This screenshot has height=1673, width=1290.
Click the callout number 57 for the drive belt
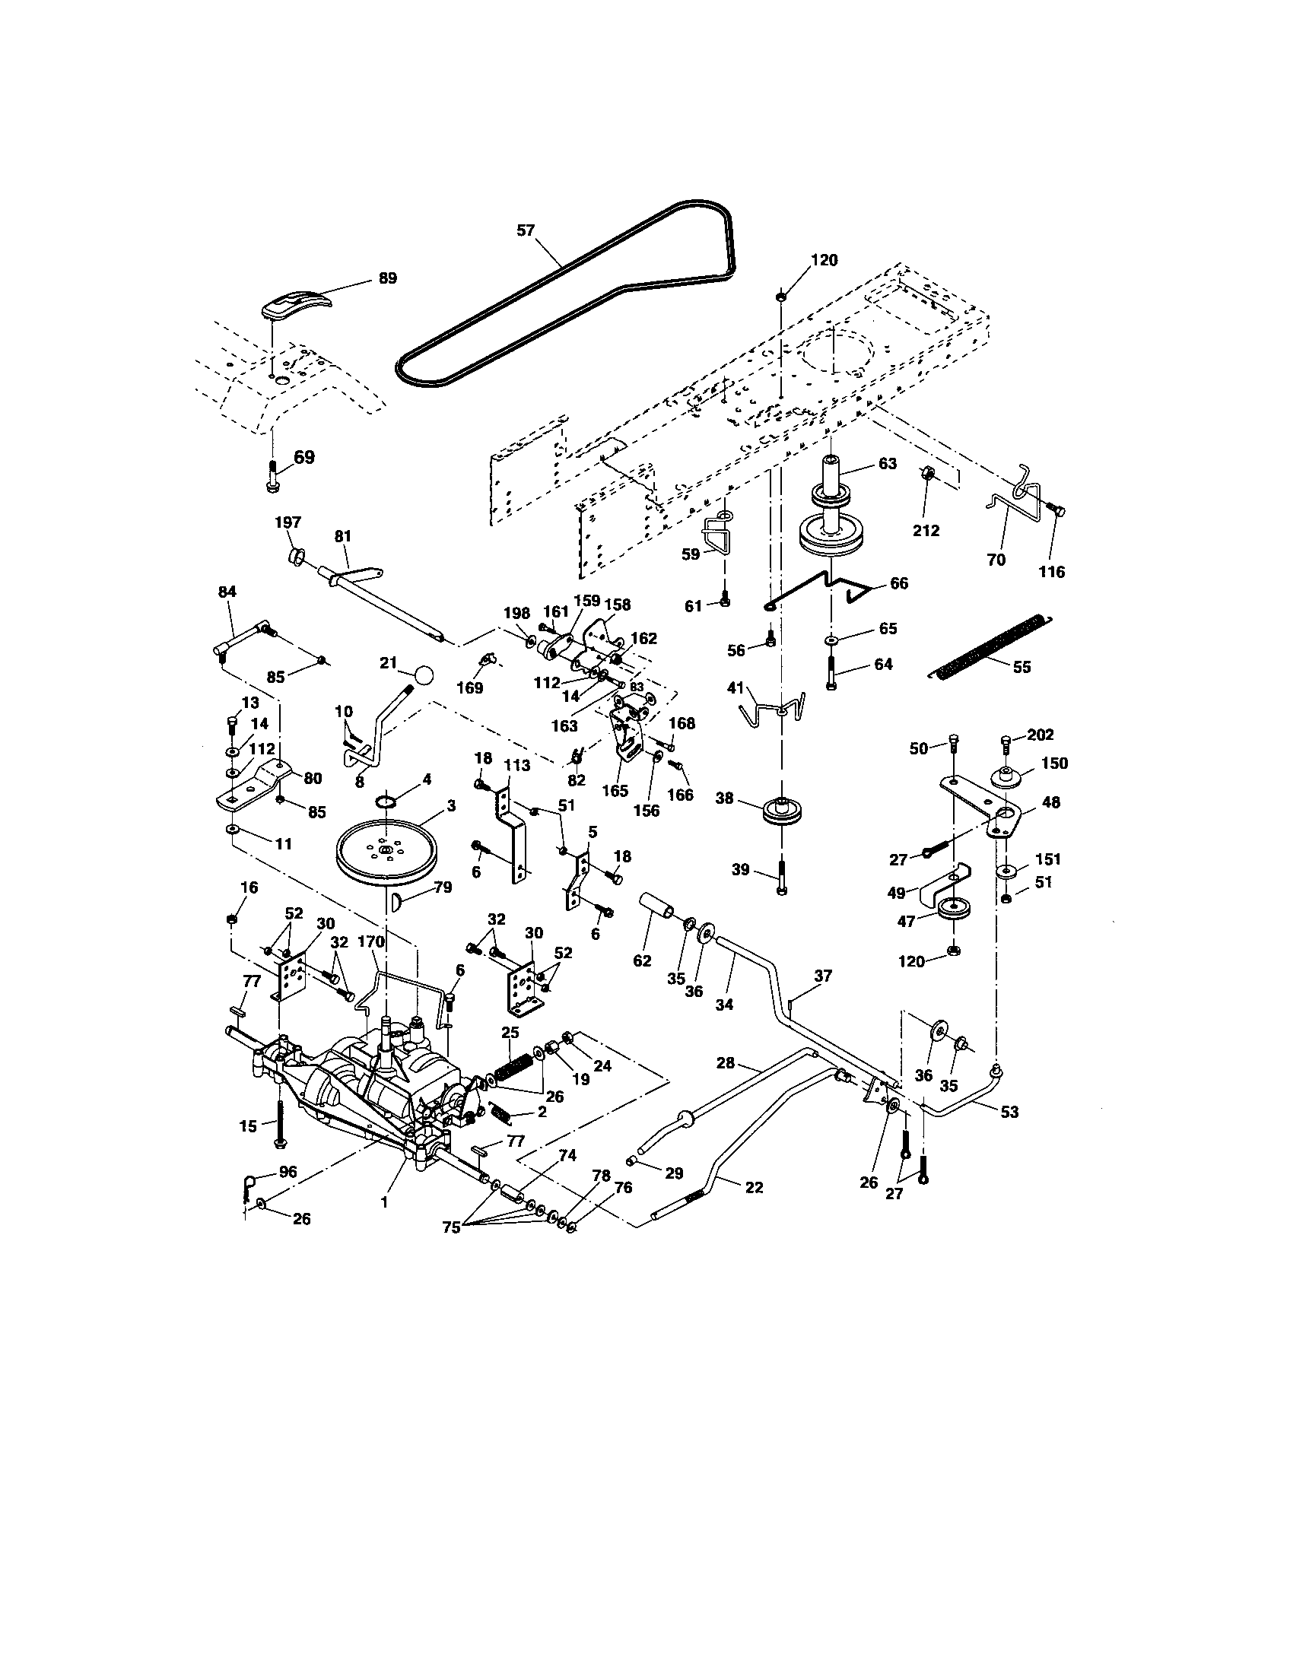coord(525,230)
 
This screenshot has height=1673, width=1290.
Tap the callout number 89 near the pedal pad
coord(388,278)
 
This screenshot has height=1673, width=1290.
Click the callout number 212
coord(926,530)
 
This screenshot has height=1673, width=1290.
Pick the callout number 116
coord(1051,571)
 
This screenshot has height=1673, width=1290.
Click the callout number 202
coord(1041,735)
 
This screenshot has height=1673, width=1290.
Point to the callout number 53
coord(1009,1112)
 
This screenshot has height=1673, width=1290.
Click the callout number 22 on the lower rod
coord(754,1186)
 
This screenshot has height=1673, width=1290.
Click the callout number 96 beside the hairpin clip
coord(288,1171)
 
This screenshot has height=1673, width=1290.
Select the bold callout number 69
coord(304,457)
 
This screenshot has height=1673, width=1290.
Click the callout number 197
coord(288,522)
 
